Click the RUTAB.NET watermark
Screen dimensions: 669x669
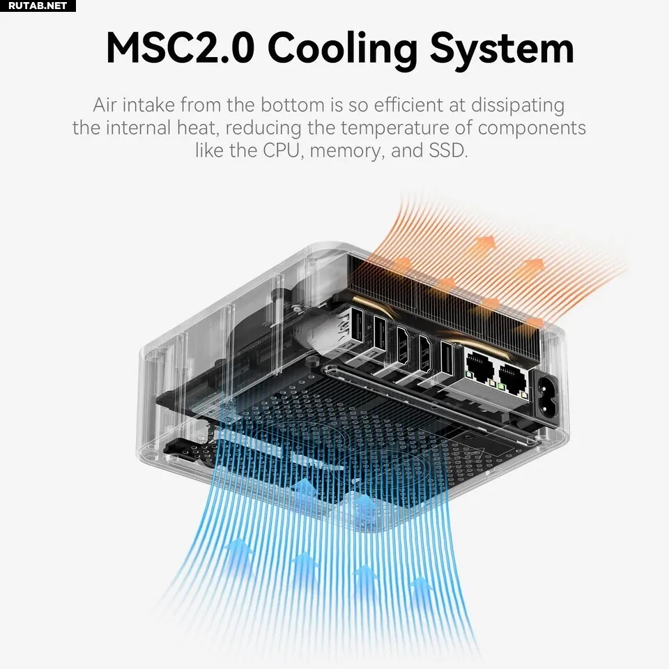[x=38, y=6]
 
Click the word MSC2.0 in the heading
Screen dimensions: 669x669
[x=180, y=49]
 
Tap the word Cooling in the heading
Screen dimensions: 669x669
[x=342, y=50]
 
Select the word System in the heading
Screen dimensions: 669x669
[x=502, y=51]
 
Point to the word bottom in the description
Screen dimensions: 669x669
[x=292, y=105]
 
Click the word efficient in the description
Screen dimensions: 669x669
[x=409, y=105]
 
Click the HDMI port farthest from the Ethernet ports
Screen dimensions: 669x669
[x=402, y=345]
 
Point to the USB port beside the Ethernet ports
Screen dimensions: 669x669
[x=447, y=360]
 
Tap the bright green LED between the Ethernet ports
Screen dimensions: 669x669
[x=501, y=387]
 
